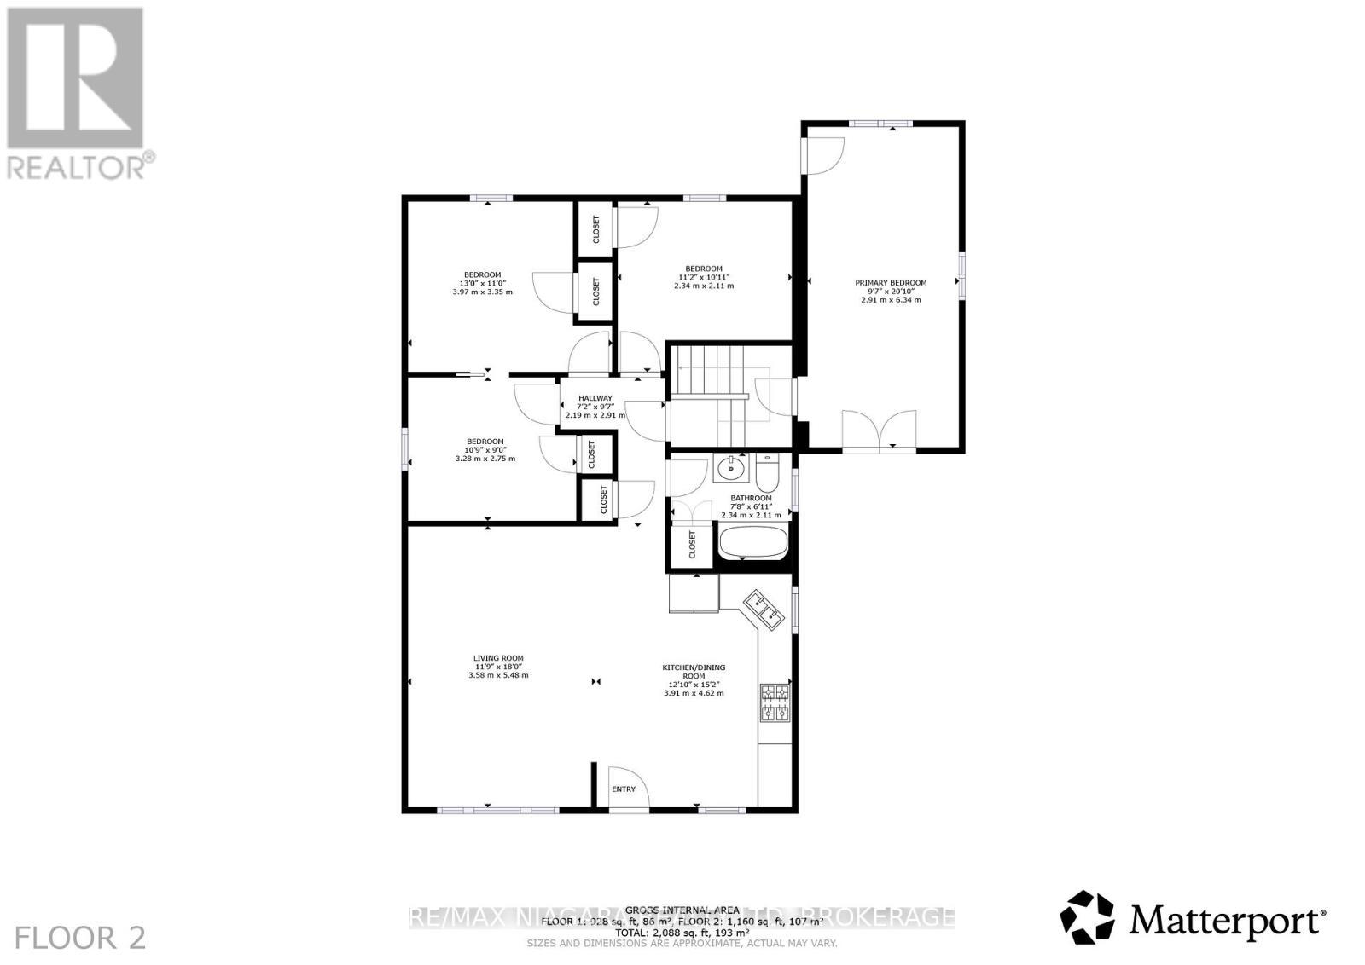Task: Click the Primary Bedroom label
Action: coord(891,283)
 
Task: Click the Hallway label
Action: coord(595,398)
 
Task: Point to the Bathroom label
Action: coord(751,499)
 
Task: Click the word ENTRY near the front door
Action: coord(624,789)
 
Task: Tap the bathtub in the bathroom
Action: coord(752,543)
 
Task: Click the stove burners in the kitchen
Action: coord(775,703)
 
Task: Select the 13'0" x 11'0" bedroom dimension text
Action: coord(482,283)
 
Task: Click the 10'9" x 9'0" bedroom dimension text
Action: coord(485,450)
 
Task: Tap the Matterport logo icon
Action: coord(1087,918)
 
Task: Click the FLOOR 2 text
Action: coord(81,939)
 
